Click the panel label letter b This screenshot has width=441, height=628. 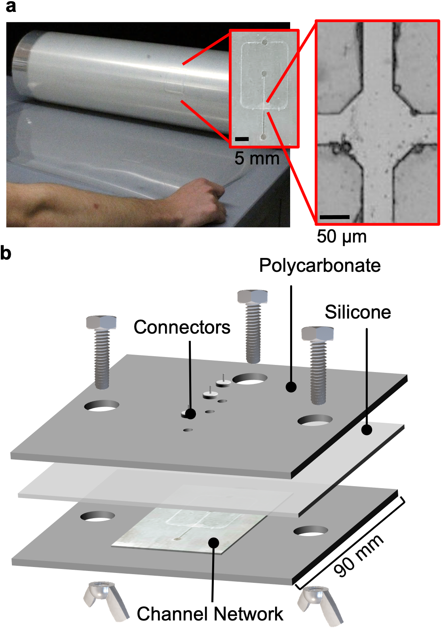click(x=6, y=253)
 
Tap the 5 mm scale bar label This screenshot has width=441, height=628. click(x=257, y=158)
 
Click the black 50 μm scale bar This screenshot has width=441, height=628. click(x=335, y=217)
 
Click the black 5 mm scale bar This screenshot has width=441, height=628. click(x=242, y=139)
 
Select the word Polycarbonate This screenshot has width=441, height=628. click(x=320, y=265)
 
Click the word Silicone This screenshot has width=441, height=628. click(x=358, y=312)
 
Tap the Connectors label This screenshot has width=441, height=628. click(x=182, y=327)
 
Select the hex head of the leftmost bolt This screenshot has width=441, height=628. click(x=101, y=322)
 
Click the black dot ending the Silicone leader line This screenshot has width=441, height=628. click(x=367, y=430)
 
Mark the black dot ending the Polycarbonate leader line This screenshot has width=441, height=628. click(x=291, y=387)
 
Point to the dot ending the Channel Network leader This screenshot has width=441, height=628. click(x=213, y=543)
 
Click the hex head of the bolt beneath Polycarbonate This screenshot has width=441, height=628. click(x=252, y=297)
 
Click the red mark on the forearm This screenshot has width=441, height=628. click(x=97, y=206)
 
